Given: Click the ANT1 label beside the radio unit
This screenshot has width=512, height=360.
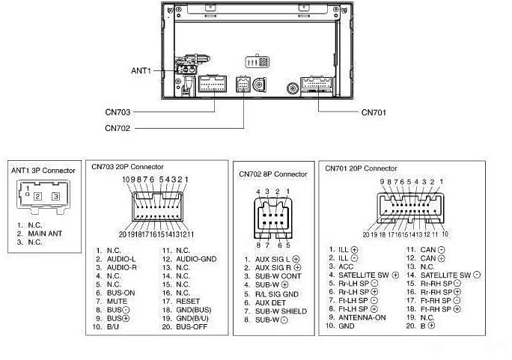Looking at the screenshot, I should [141, 70].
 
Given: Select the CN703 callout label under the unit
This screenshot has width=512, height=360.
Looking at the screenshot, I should [118, 112].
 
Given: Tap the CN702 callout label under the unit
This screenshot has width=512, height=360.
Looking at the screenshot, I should [118, 128].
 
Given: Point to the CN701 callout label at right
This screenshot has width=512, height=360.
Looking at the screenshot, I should [374, 113].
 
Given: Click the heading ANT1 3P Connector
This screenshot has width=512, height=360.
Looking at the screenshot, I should [43, 170].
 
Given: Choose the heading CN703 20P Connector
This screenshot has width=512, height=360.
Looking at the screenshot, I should [128, 166].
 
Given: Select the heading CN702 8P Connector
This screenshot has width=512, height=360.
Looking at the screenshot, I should [273, 174].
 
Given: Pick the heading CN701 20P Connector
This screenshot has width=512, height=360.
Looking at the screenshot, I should [362, 168].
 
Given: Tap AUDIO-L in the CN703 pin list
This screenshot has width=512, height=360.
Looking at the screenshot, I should [121, 259].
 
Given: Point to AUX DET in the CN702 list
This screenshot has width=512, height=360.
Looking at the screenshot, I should [271, 302].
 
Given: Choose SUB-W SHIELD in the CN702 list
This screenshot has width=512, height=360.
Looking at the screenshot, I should [281, 311].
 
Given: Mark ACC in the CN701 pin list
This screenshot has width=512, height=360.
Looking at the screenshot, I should [345, 266].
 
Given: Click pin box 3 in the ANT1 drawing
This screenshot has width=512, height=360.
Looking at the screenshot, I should [55, 196].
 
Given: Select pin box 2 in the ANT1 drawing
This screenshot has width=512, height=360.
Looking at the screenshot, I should [37, 196].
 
